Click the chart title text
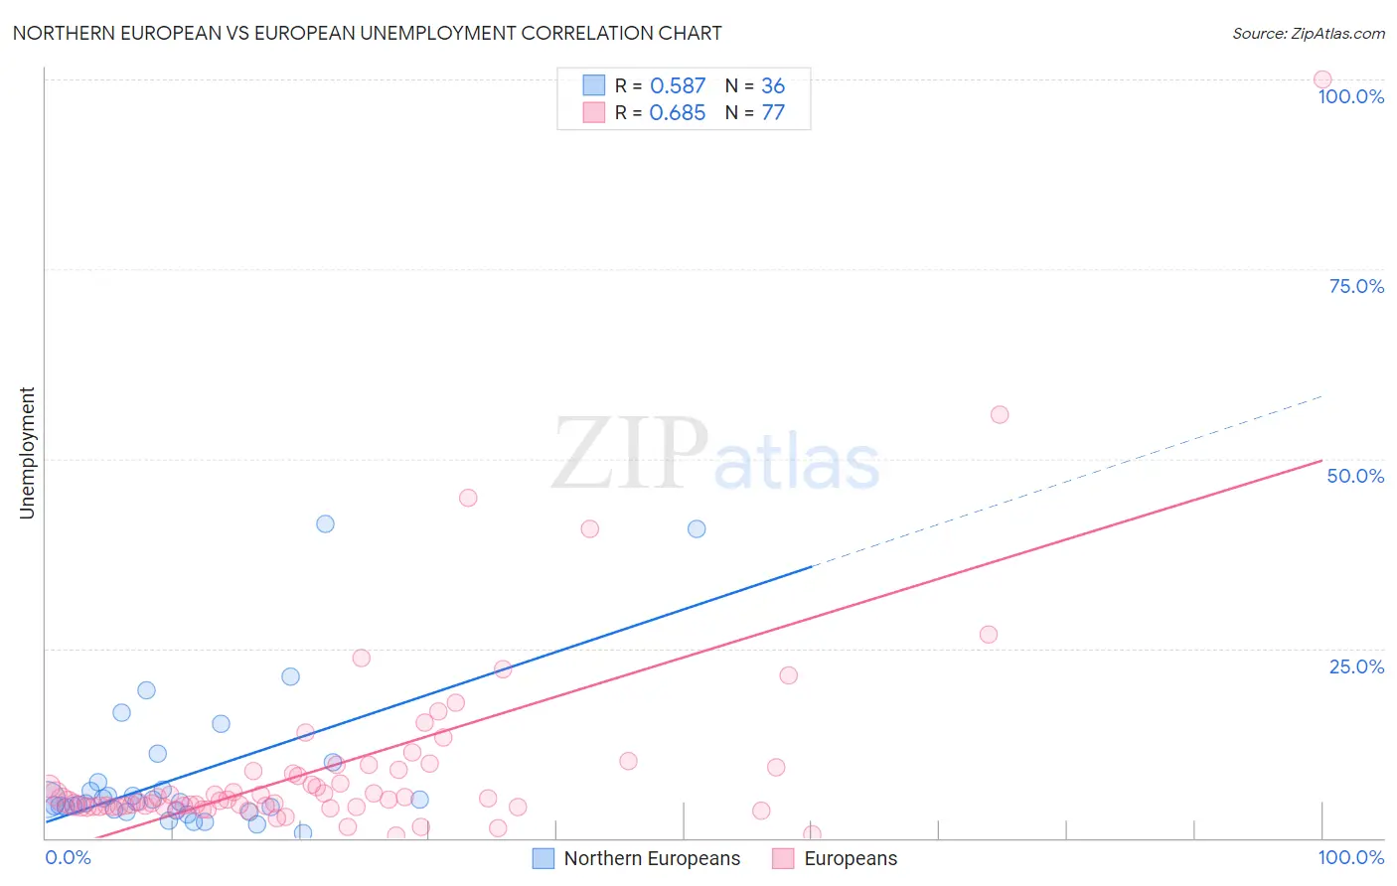(367, 33)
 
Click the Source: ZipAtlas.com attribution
(1308, 33)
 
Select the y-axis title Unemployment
(27, 453)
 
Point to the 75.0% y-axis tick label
(1355, 286)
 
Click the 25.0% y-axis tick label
(1355, 665)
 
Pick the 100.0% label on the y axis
(1350, 96)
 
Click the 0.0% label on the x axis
(68, 857)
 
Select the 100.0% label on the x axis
(1350, 857)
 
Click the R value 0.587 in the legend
(677, 85)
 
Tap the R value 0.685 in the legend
(677, 112)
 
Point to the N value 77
(773, 112)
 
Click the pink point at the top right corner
(1321, 79)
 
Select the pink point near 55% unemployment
(1000, 414)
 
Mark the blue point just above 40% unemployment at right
(697, 528)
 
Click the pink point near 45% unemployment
(468, 498)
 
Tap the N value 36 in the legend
(773, 85)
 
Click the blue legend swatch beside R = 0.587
(594, 85)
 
